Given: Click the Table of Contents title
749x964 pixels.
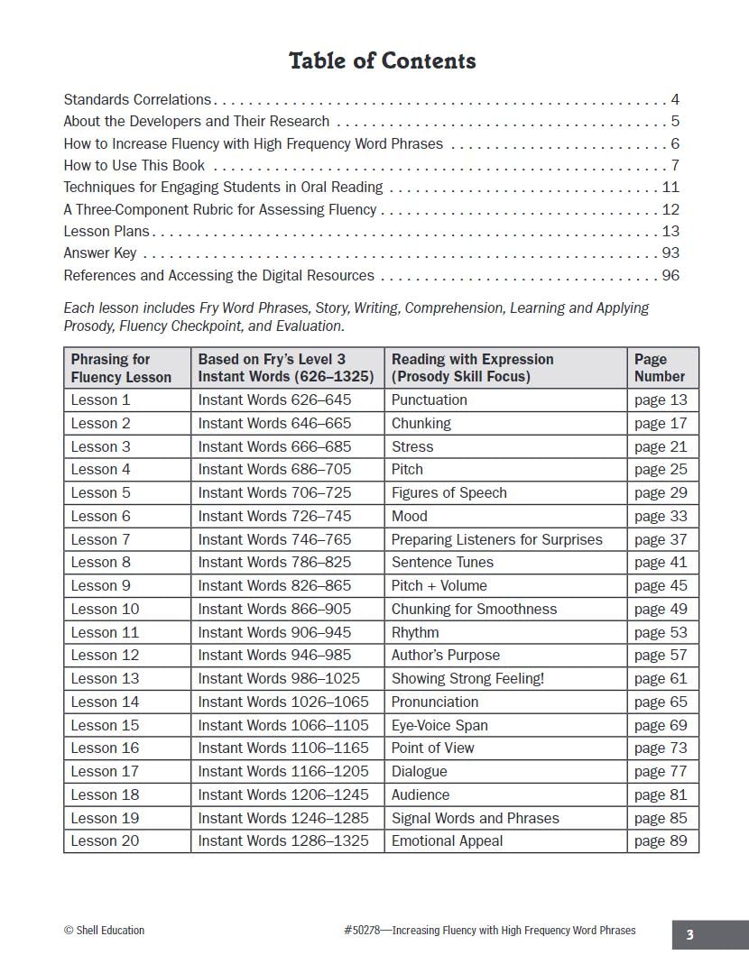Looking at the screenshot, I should point(382,61).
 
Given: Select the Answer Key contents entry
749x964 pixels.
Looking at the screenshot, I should point(100,253).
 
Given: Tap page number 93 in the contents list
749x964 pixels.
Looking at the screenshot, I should point(670,253).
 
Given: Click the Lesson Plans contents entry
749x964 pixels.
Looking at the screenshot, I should point(106,232).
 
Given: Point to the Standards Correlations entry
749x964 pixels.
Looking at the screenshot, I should point(137,100).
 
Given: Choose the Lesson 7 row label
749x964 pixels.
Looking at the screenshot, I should point(100,539).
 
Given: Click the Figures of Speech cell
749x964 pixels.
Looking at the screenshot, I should point(448,493).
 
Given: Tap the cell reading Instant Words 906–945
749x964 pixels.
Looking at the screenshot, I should point(274,632).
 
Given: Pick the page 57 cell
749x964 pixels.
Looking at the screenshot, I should point(661,656).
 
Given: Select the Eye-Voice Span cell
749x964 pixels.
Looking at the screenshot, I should point(439,725).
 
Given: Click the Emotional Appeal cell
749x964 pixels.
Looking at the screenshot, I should point(447,841).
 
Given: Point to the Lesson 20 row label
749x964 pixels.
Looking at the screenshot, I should point(105,841).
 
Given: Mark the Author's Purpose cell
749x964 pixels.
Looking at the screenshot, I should point(445,656).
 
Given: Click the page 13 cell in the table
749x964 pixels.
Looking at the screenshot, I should point(661,400).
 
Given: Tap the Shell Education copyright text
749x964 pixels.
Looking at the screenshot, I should point(104,931).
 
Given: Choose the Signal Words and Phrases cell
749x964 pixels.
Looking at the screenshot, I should point(475,818).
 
